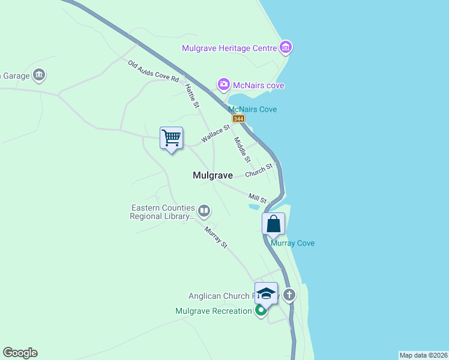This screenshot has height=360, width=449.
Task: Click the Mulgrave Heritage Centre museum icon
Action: (286, 47)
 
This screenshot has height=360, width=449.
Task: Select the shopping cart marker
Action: (172, 138)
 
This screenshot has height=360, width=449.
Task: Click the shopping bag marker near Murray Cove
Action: (273, 223)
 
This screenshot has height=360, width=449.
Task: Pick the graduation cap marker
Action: (266, 293)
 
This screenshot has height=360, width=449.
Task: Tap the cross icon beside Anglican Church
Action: (290, 295)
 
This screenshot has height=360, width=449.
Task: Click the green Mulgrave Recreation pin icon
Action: (261, 311)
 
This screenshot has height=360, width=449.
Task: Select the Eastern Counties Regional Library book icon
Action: (204, 211)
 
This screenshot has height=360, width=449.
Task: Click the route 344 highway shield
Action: (239, 119)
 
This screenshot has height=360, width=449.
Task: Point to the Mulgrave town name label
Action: (212, 176)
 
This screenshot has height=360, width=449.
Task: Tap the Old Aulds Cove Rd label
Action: (153, 71)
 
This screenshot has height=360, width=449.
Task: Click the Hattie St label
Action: (192, 96)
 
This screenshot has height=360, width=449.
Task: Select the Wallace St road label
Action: (215, 133)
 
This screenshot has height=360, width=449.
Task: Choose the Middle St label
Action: (241, 150)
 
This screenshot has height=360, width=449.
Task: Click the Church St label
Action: (259, 171)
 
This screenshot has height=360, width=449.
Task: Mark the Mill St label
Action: (258, 197)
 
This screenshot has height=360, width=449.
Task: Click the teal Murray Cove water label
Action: (292, 243)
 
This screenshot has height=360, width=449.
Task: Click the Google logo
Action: (20, 353)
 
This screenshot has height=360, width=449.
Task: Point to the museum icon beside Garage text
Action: (40, 75)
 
